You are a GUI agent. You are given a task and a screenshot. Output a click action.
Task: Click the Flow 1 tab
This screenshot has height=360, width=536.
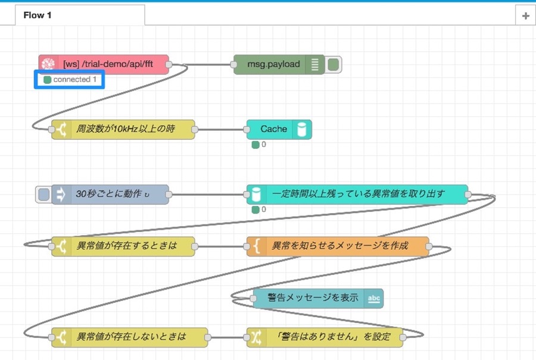(x=80, y=15)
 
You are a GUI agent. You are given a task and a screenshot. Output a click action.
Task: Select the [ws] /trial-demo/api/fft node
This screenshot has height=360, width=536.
(x=104, y=64)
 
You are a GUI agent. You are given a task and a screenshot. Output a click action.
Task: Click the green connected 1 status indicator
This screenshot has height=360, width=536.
(x=48, y=80)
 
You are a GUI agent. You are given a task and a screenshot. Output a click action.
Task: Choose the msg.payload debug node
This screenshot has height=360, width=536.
(x=279, y=64)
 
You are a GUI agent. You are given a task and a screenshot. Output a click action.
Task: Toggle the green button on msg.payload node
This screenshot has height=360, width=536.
(x=334, y=64)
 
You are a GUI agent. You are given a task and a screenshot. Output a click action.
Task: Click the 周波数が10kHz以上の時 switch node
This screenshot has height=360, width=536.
(x=123, y=130)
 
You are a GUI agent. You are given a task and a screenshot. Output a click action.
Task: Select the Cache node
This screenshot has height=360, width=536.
(x=279, y=130)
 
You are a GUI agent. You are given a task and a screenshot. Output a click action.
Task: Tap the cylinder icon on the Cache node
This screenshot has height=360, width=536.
(x=302, y=130)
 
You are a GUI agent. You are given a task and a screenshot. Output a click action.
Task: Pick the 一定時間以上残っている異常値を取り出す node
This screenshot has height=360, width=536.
(x=357, y=195)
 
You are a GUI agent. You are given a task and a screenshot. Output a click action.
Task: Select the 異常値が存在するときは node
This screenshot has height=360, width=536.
(x=123, y=246)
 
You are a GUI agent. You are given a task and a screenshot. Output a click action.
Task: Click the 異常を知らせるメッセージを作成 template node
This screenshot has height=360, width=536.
(x=338, y=246)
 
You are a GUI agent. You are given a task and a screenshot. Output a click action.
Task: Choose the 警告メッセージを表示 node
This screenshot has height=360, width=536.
(x=318, y=298)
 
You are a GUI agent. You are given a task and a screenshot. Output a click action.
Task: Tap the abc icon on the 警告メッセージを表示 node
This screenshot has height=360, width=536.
(x=373, y=299)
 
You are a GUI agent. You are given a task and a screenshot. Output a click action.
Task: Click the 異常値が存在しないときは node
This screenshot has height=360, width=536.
(x=130, y=337)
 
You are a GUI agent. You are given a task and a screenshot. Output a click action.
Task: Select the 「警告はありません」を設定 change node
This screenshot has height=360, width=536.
(x=325, y=337)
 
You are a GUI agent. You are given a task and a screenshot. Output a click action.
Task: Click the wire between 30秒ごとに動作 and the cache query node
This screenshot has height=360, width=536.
(x=207, y=195)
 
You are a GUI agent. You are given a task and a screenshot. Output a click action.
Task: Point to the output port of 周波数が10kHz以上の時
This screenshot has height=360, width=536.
(x=195, y=130)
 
